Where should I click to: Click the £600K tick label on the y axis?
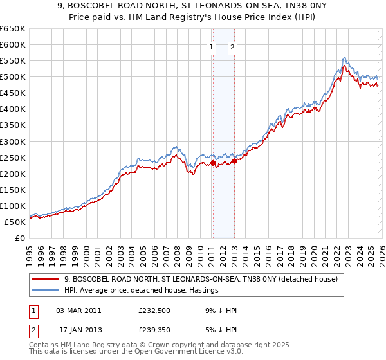(x=13, y=44)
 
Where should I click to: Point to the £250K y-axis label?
(x=13, y=157)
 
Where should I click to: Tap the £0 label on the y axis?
(x=19, y=238)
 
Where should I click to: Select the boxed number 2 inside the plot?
(x=232, y=46)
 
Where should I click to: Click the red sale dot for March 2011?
(x=213, y=163)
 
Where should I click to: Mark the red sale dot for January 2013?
(x=234, y=161)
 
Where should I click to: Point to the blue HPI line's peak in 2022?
(x=345, y=57)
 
